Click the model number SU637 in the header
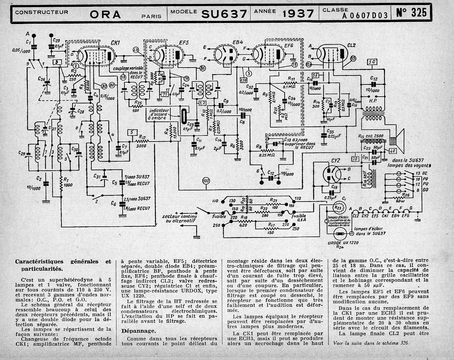click(x=224, y=14)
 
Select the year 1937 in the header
click(x=298, y=14)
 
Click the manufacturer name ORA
click(x=105, y=14)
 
